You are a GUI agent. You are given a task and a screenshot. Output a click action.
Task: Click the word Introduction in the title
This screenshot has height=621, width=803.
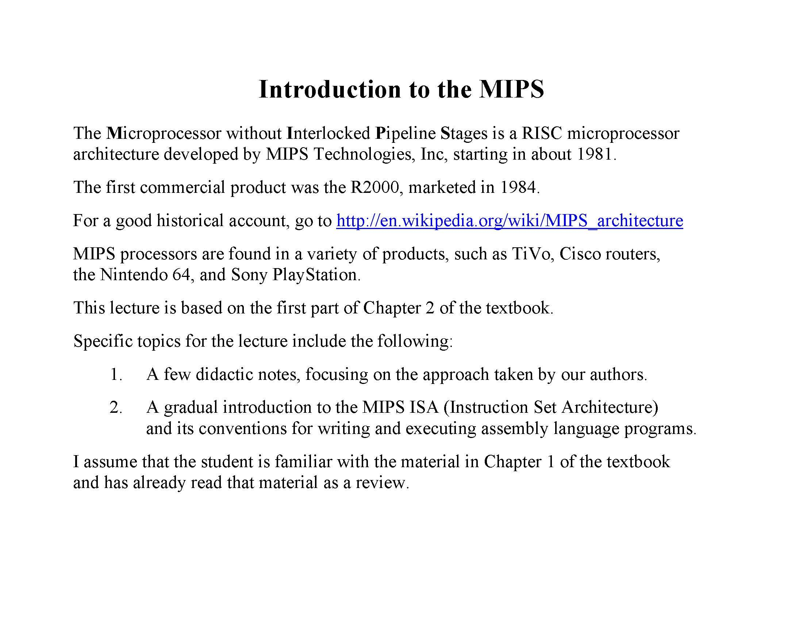pos(329,89)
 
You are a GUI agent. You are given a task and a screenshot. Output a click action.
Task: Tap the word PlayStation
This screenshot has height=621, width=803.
pos(314,275)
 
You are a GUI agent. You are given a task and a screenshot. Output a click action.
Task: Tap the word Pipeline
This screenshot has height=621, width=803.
pos(405,134)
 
